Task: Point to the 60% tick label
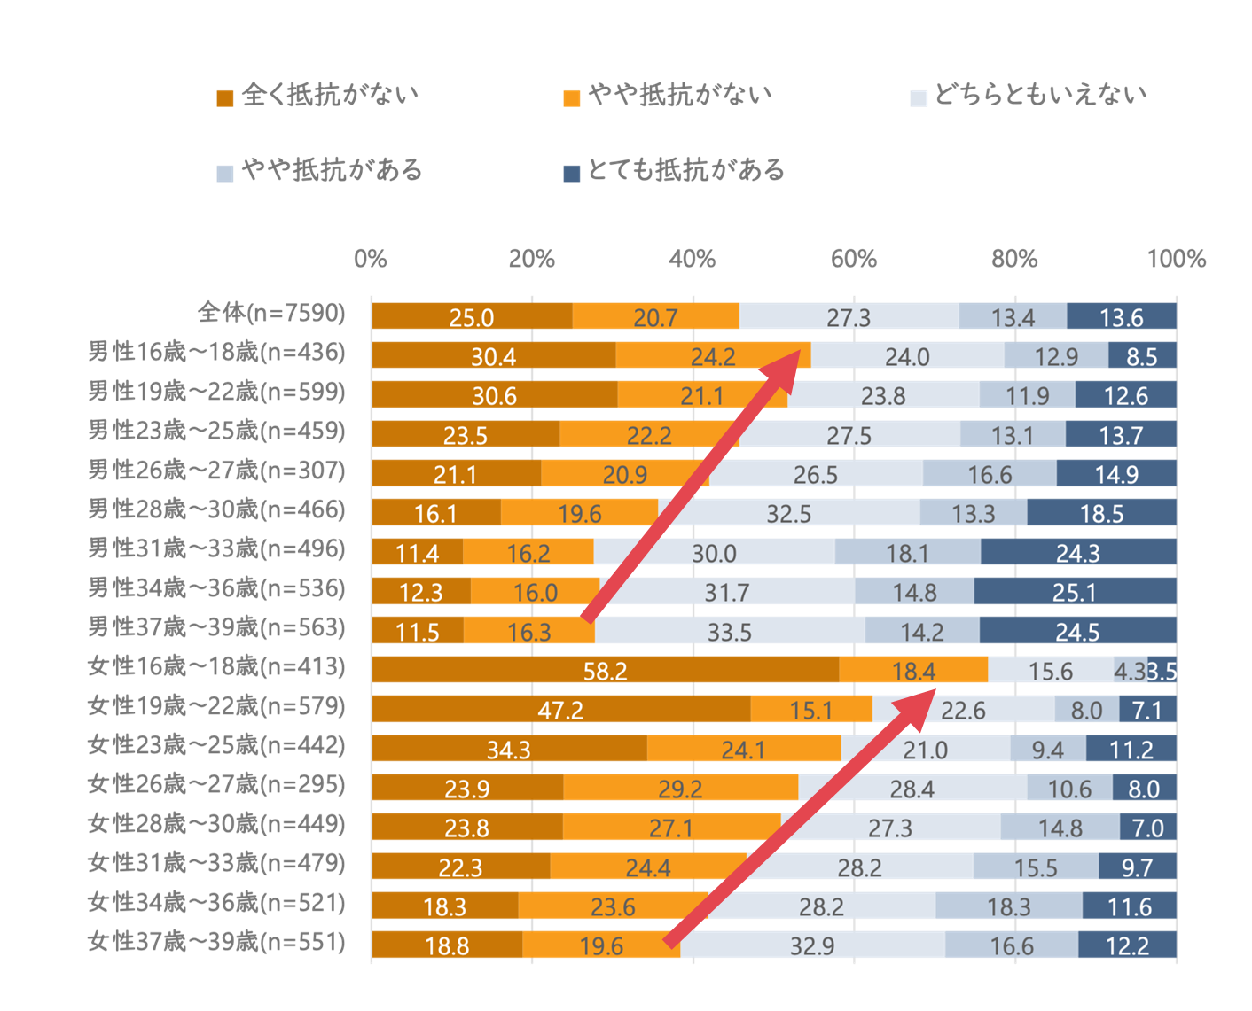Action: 853,259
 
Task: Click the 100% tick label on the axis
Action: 1176,259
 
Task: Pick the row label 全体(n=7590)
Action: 271,313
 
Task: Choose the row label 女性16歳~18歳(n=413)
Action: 216,667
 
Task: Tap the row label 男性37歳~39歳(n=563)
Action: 216,627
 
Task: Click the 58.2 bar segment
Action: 605,671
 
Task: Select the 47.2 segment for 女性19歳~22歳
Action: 560,710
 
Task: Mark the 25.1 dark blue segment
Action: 1075,592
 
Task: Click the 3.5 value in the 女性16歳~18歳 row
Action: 1162,671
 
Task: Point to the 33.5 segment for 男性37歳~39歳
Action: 730,632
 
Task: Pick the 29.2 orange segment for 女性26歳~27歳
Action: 680,789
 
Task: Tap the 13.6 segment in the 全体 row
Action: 1122,317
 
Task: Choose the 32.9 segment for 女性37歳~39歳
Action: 812,945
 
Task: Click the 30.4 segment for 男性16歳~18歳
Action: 493,356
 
